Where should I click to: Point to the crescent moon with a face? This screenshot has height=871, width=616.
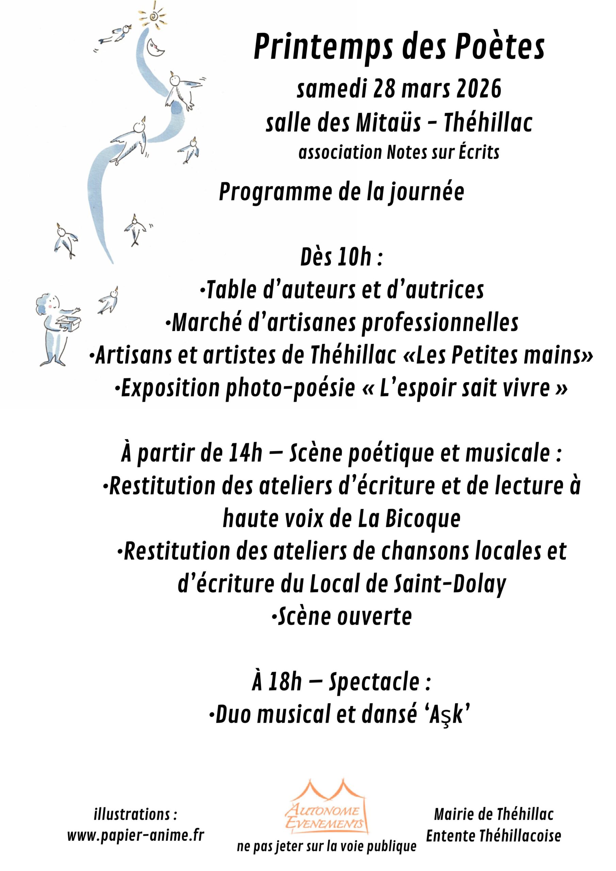pyautogui.click(x=156, y=47)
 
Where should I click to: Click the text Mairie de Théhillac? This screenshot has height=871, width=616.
pyautogui.click(x=493, y=814)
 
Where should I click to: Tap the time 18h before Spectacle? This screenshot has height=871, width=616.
pyautogui.click(x=285, y=683)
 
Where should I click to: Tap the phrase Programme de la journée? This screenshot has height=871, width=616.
pyautogui.click(x=341, y=192)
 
